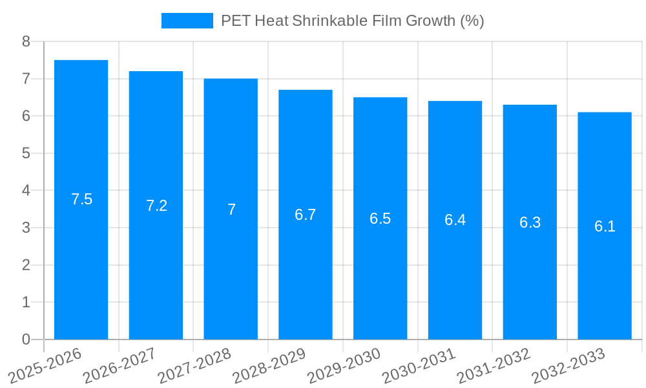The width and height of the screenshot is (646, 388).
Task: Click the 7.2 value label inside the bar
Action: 156,206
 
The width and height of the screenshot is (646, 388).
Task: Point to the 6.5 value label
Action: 380,219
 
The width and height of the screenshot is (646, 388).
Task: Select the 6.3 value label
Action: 530,222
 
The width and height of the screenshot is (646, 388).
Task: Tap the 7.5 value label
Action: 82,199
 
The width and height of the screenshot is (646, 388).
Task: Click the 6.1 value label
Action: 605,226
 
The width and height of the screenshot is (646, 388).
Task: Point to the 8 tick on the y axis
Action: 26,42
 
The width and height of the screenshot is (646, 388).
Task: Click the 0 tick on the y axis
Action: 26,339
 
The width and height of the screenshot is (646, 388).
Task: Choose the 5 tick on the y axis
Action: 26,153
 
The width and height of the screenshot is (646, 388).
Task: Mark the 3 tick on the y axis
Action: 26,228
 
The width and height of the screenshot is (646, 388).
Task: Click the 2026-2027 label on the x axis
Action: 120,365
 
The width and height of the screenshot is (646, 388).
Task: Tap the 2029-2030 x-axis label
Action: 344,365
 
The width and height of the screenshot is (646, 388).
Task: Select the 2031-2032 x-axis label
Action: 494,365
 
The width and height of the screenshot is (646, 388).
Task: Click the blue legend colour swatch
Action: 187,21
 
